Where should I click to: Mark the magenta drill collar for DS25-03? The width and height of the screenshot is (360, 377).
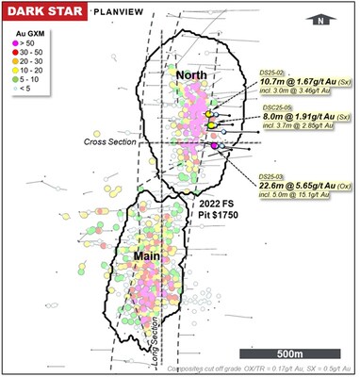pyautogui.click(x=216, y=146)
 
